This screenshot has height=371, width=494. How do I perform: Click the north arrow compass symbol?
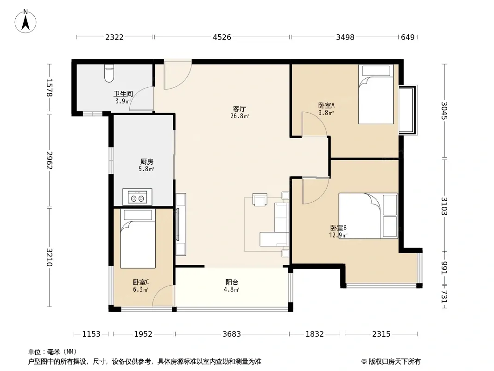[25, 21]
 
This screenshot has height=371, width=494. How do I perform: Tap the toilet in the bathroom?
[109, 73]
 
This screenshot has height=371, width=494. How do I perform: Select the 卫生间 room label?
[123, 94]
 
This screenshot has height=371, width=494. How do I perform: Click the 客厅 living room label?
[240, 109]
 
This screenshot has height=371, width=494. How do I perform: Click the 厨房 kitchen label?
[147, 162]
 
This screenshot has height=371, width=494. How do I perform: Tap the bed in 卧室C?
[138, 239]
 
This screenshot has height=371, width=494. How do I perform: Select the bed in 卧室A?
[376, 94]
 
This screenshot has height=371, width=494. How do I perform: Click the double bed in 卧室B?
[368, 216]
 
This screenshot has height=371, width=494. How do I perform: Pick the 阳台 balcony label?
[232, 282]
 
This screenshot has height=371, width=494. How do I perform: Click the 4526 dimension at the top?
[222, 37]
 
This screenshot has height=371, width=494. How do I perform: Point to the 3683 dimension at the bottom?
[232, 334]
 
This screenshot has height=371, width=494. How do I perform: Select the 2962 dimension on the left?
[50, 160]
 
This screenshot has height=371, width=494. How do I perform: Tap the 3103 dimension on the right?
[444, 206]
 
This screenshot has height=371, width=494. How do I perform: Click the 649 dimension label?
[408, 37]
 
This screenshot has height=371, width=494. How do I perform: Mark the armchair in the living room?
[260, 199]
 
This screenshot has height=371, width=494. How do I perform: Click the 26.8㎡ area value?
[240, 116]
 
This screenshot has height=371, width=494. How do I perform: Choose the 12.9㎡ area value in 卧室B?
[338, 235]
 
